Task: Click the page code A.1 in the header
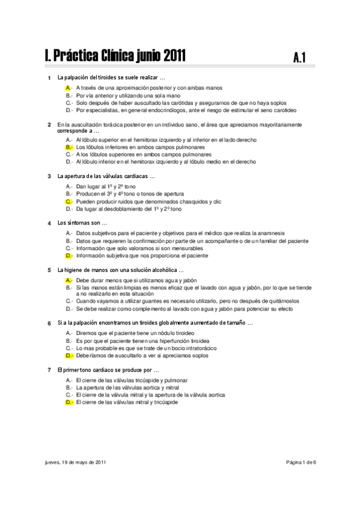[x=301, y=58]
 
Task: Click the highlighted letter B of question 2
[x=69, y=147]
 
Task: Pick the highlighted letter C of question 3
[x=69, y=202]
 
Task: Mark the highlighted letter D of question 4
[x=69, y=256]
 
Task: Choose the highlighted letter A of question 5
[x=69, y=280]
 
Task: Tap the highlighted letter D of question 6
[x=69, y=355]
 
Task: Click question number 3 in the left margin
[x=49, y=176]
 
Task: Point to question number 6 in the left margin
[x=49, y=323]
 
